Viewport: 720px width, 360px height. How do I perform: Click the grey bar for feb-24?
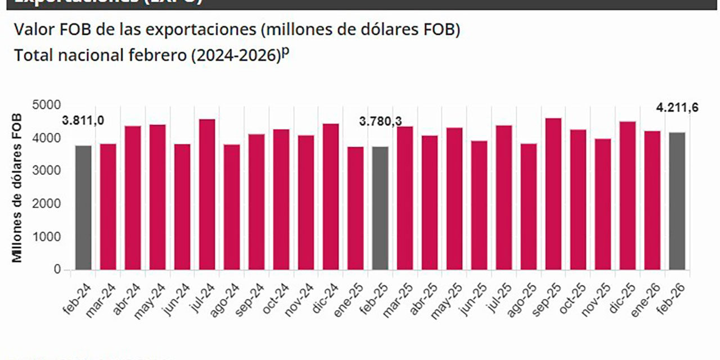[83, 208]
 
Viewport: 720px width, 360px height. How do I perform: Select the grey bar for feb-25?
[380, 208]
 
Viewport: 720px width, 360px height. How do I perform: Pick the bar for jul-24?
[207, 194]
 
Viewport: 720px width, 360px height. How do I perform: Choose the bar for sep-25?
[553, 193]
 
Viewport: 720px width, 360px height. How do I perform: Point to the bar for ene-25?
[355, 208]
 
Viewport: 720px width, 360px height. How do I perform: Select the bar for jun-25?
[479, 205]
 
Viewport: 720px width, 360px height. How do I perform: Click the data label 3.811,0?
[83, 121]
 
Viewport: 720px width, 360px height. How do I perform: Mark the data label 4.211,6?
[677, 107]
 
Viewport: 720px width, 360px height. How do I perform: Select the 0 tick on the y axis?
[57, 270]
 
